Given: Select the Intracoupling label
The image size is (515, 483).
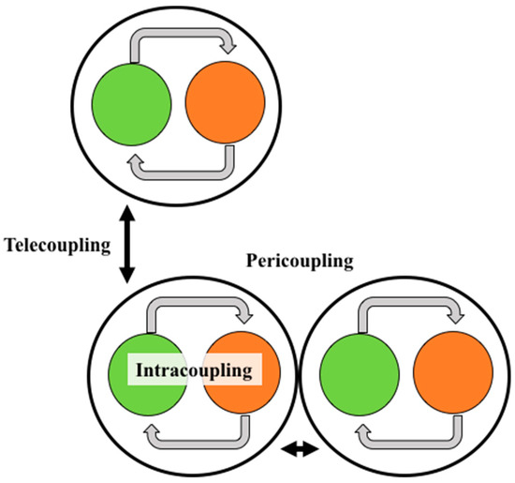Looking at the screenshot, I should tap(195, 371).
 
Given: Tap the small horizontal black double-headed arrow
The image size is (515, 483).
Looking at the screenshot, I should tap(301, 450).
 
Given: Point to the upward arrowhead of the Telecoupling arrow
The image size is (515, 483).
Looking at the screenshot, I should tap(129, 208).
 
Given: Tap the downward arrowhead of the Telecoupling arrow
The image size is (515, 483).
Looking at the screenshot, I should tap(129, 277).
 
